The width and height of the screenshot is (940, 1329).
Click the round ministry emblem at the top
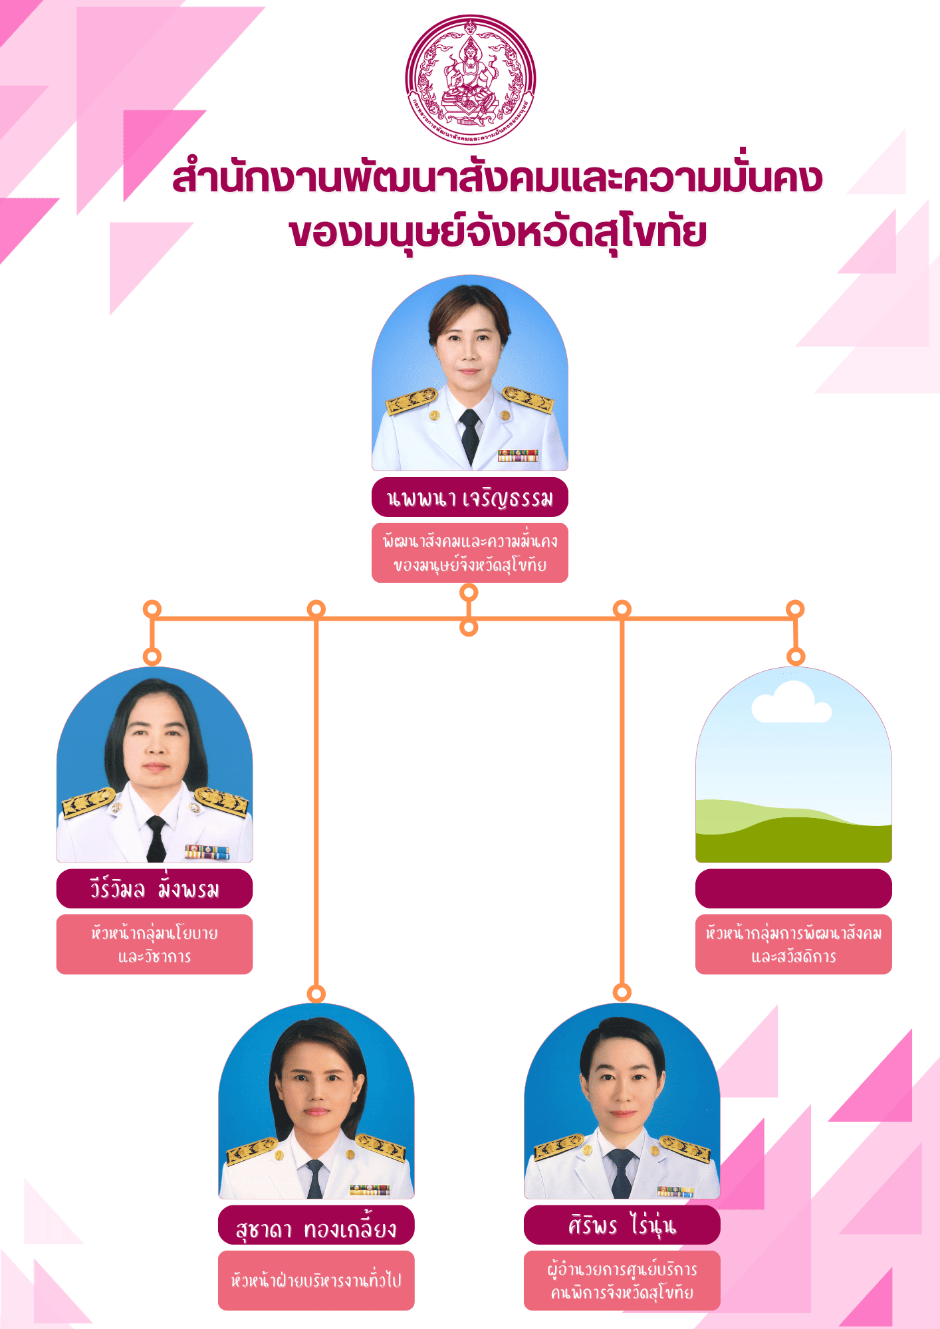[470, 80]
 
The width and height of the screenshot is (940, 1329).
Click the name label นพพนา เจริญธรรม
[469, 497]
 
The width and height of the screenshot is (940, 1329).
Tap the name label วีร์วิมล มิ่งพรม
[154, 888]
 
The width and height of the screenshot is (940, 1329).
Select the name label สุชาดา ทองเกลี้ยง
[316, 1225]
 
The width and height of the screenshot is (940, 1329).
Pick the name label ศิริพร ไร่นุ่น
[622, 1225]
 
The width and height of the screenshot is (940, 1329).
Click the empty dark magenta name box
[793, 888]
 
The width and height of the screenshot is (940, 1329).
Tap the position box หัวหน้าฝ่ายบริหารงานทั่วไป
[316, 1280]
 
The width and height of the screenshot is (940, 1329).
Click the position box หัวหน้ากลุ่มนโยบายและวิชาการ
[154, 944]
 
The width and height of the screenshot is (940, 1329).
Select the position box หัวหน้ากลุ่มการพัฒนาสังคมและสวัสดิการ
[793, 944]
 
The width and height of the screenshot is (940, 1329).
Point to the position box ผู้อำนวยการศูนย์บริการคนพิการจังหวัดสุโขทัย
[622, 1280]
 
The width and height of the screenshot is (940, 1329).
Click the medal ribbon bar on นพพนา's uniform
[517, 455]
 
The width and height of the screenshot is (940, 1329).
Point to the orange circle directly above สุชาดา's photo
[316, 993]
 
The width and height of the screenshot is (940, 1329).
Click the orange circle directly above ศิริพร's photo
[622, 992]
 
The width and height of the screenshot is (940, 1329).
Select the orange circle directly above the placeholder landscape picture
[796, 657]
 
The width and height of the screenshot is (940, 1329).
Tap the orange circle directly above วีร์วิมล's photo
[152, 657]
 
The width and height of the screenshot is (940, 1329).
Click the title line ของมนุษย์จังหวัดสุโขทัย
[497, 233]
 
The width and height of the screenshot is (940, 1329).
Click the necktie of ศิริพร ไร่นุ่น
[622, 1173]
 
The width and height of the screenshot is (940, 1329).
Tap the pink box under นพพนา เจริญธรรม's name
[469, 553]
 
